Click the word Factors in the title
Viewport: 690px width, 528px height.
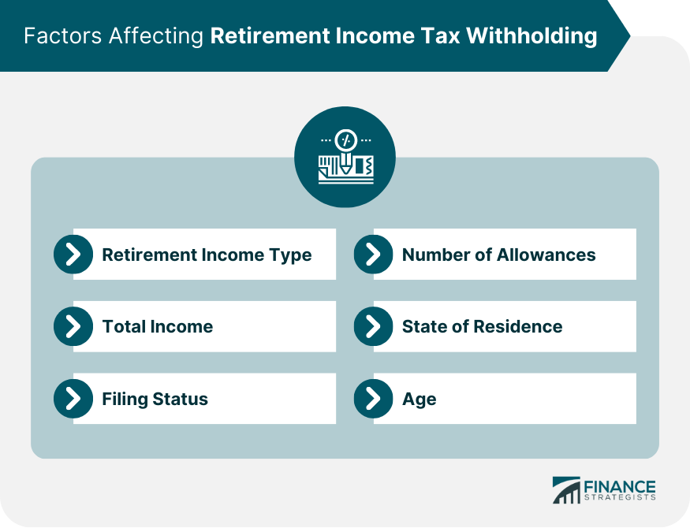pyautogui.click(x=63, y=35)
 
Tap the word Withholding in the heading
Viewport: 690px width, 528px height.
pyautogui.click(x=531, y=36)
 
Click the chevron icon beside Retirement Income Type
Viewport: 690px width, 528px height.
pyautogui.click(x=73, y=254)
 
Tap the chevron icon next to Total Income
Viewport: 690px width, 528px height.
pyautogui.click(x=73, y=326)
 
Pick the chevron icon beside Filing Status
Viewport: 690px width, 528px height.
pyautogui.click(x=73, y=399)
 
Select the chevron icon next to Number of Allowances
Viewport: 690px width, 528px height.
pyautogui.click(x=373, y=254)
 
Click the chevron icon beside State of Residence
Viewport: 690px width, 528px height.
pyautogui.click(x=373, y=326)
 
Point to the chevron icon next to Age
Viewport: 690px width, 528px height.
pyautogui.click(x=373, y=399)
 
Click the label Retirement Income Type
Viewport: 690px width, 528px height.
pyautogui.click(x=207, y=255)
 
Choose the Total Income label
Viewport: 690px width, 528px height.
pyautogui.click(x=158, y=326)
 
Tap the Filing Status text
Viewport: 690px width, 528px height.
pyautogui.click(x=155, y=400)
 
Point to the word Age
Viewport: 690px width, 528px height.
pyautogui.click(x=420, y=400)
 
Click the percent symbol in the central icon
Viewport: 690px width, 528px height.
pyautogui.click(x=345, y=140)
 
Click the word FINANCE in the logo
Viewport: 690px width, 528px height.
pyautogui.click(x=620, y=487)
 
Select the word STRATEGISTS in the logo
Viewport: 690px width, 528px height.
pyautogui.click(x=620, y=497)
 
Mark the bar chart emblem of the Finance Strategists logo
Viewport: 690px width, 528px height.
pyautogui.click(x=566, y=490)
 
